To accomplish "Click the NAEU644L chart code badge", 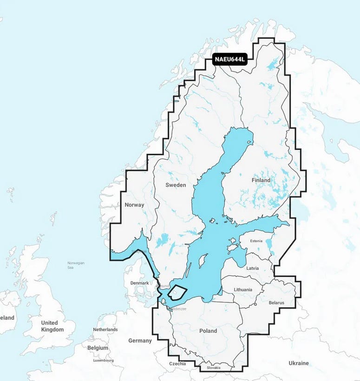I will (x=229, y=59).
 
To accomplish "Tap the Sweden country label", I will (x=176, y=185).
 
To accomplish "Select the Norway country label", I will (x=134, y=204).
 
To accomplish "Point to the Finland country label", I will (x=261, y=180).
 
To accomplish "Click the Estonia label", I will (x=256, y=241).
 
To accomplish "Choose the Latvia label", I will (x=253, y=268).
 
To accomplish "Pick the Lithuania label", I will (x=243, y=289).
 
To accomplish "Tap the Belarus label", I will (x=276, y=302).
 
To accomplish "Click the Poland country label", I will (x=208, y=331).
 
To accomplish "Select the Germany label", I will (x=140, y=341).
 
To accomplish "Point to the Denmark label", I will (x=139, y=283).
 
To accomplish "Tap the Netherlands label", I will (x=105, y=329).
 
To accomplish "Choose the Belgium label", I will (x=98, y=348).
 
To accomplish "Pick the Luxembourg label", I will (x=103, y=360).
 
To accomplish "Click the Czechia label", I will (x=177, y=363).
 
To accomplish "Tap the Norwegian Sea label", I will (x=75, y=265).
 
